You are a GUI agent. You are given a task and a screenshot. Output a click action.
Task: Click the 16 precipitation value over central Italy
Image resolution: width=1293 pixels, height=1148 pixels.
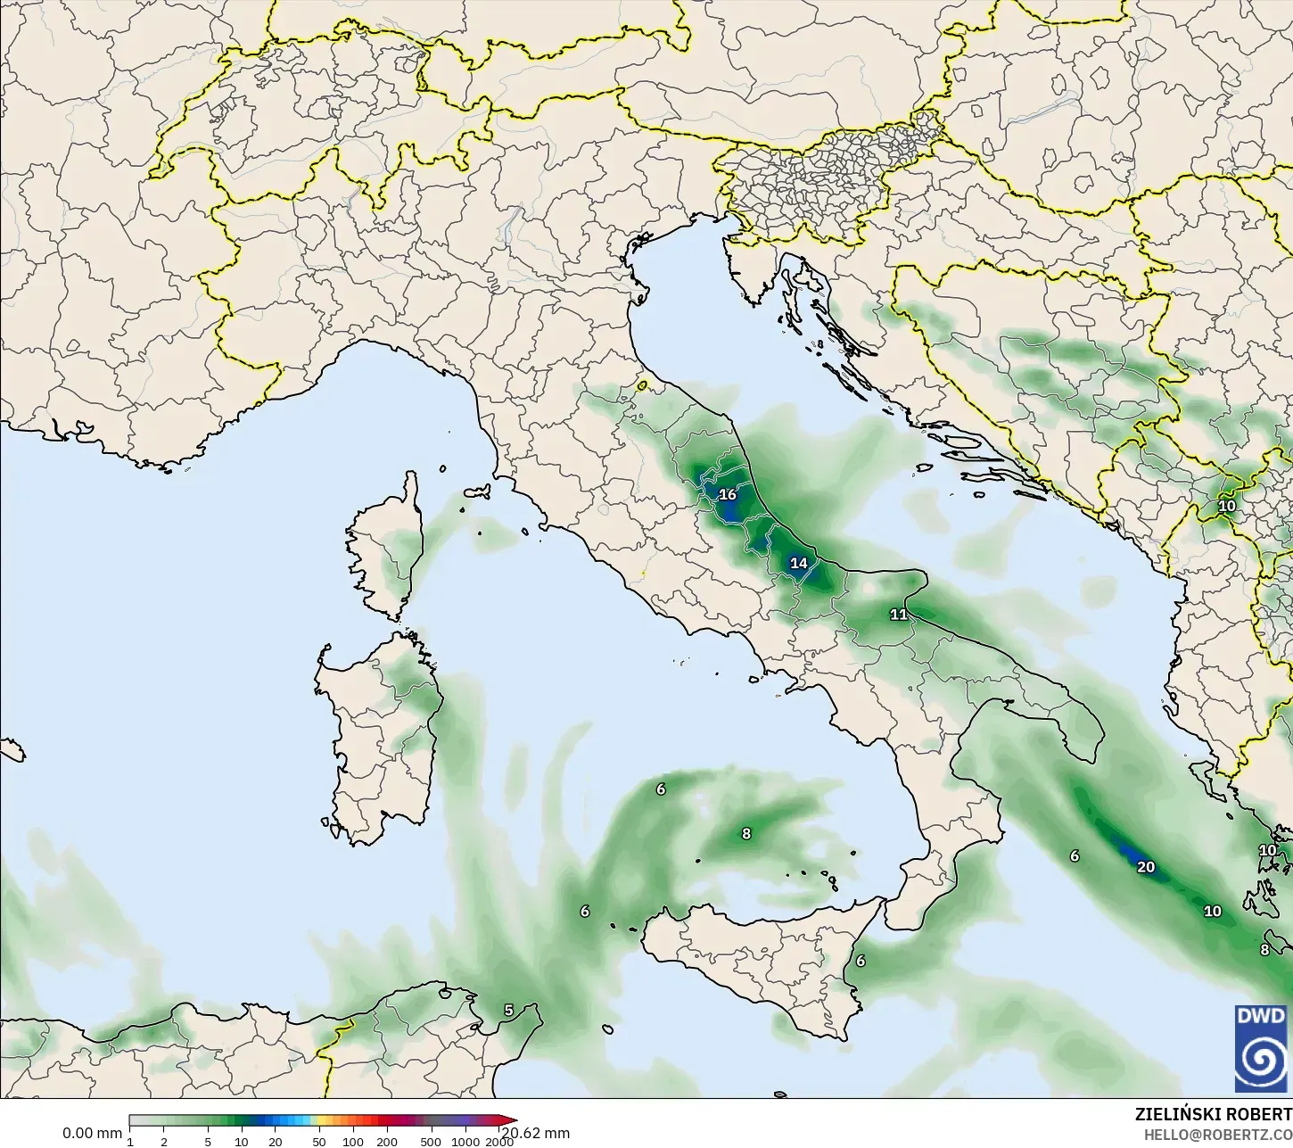coord(728,495)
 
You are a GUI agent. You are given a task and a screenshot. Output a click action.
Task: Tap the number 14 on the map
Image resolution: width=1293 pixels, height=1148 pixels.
coord(798,563)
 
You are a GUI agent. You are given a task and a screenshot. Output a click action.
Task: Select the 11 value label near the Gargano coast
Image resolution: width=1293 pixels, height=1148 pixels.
coord(898,615)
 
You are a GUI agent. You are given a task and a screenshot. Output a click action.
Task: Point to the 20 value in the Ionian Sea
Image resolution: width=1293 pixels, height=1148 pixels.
coord(1146,867)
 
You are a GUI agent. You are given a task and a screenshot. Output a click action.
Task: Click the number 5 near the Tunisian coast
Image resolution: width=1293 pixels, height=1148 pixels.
coord(508,1010)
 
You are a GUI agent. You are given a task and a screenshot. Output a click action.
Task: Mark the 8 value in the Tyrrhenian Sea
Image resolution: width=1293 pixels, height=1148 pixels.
coord(746,834)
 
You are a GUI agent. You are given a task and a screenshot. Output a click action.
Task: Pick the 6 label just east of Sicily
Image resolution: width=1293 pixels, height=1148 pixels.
coord(861,961)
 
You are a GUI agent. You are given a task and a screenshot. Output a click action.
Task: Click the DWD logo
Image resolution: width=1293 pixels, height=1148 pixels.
coord(1261,1048)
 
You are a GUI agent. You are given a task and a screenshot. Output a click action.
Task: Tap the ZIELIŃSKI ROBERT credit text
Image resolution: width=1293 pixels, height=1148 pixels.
coord(1213,1114)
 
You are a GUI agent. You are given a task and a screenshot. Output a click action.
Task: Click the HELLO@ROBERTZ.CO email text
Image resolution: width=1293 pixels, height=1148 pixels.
coord(1218,1135)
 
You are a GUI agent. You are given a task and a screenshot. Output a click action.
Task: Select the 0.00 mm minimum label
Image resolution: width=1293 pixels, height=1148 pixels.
coord(92,1134)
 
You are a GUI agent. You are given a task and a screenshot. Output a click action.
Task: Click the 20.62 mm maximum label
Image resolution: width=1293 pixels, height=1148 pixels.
coord(535,1134)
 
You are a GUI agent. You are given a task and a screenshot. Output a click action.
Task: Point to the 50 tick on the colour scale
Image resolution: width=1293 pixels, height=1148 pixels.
coord(319,1142)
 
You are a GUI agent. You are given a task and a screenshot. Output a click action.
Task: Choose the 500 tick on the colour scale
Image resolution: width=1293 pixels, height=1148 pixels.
coord(431,1142)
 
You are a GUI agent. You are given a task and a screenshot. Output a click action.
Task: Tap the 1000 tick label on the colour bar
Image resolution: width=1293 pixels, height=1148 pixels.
coord(465,1142)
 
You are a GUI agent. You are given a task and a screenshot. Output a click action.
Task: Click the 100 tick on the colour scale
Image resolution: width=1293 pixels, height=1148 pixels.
coord(353,1142)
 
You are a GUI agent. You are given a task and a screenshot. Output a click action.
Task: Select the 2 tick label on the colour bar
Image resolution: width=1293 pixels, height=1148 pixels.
coord(164,1142)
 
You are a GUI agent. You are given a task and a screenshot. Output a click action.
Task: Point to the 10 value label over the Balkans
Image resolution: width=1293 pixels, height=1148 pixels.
coord(1227,506)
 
